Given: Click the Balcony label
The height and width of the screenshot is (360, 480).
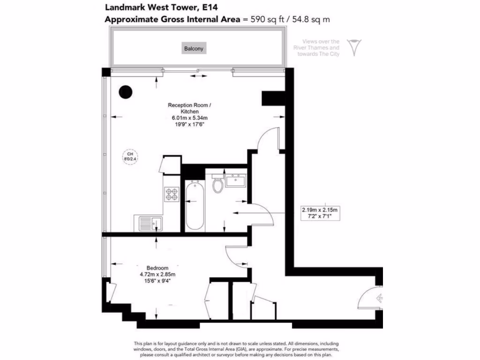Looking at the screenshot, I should point(195,48).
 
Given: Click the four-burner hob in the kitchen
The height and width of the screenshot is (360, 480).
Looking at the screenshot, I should point(171,194).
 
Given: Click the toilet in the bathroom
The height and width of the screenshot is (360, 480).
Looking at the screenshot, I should point(218,184).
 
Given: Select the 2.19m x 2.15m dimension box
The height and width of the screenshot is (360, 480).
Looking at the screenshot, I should point(319,213).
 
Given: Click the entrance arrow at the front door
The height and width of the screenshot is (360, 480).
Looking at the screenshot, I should point(380,297).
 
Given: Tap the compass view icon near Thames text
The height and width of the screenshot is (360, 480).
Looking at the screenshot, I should point(354,48).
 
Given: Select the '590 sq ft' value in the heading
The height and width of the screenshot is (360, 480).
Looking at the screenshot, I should point(264,19).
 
